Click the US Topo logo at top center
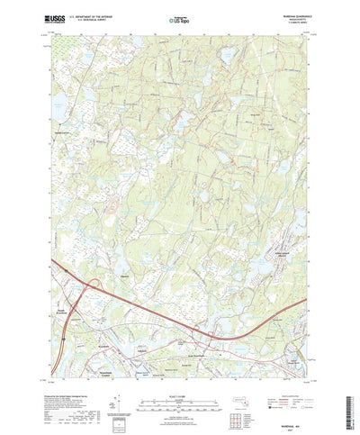(178, 17)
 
